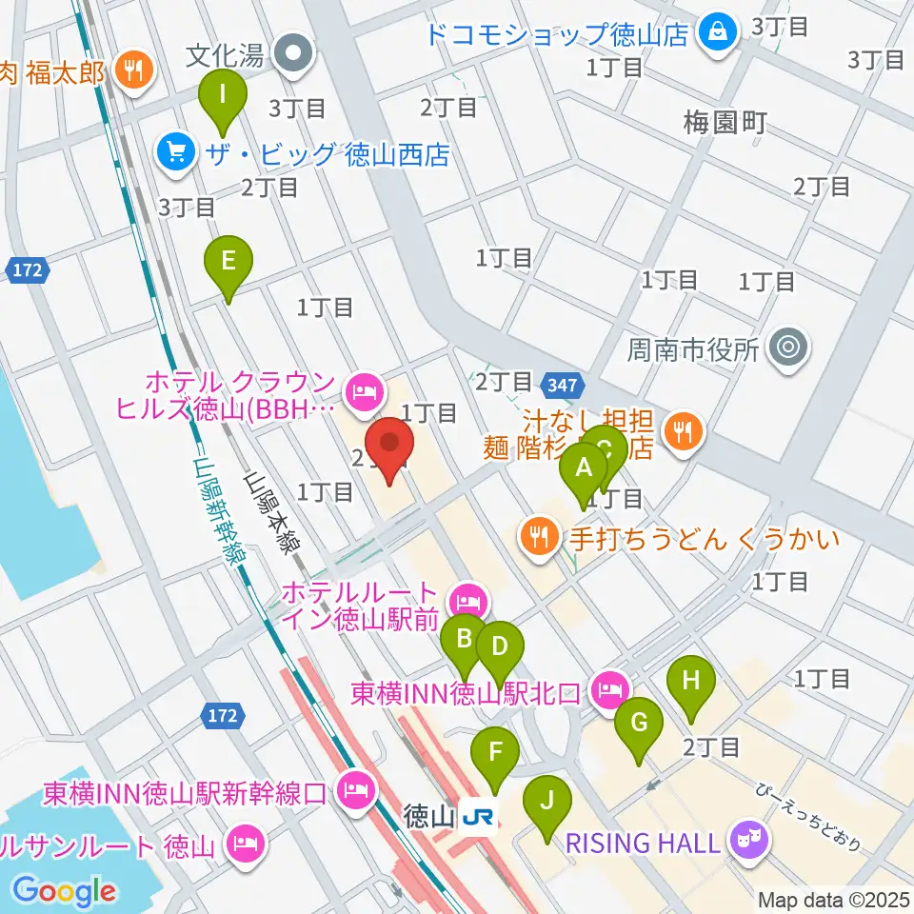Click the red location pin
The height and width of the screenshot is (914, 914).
(x=389, y=451)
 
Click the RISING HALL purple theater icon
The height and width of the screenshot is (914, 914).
(x=748, y=841)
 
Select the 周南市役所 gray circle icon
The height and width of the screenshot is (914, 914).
(x=789, y=348)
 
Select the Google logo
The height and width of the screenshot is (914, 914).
(x=65, y=890)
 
